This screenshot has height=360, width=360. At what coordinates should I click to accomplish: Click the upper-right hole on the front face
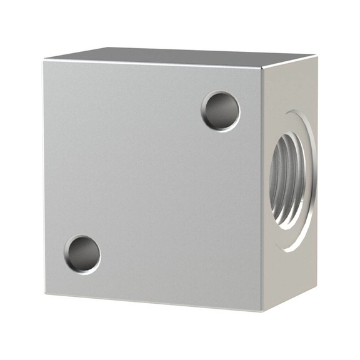221,111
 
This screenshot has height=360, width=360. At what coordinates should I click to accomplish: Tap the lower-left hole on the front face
82,254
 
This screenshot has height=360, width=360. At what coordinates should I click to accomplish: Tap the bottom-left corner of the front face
46,294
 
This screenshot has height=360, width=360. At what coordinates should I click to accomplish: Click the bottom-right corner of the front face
262,311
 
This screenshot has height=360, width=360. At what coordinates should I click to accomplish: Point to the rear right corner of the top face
315,56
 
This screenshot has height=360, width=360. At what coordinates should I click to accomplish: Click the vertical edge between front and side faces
262,187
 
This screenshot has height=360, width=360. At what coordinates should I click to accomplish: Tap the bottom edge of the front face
153,302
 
